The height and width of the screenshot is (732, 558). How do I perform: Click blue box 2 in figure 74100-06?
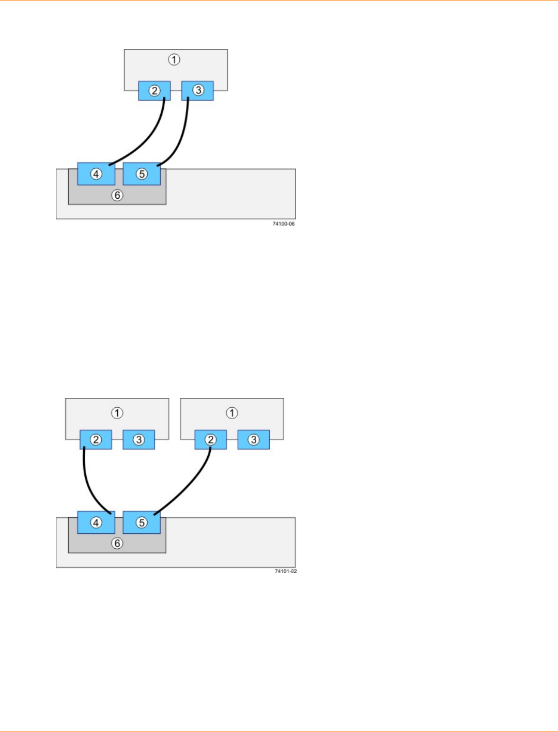(154, 91)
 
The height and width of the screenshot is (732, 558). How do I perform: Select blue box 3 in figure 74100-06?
(197, 90)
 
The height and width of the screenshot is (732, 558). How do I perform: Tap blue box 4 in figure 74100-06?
(96, 174)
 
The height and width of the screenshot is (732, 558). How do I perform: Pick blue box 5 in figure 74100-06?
(142, 174)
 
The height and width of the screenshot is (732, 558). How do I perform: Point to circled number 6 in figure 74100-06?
(117, 196)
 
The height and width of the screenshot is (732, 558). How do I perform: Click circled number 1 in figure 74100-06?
(174, 60)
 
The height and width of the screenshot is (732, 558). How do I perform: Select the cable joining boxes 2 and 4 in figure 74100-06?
(149, 139)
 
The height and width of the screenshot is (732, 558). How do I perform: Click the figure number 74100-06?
(284, 224)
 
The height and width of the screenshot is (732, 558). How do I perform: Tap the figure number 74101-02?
(286, 571)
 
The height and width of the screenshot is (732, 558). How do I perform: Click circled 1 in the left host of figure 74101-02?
(117, 413)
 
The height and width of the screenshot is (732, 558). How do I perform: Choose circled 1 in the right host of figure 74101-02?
(232, 413)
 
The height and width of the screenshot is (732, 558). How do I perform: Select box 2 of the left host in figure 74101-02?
(96, 440)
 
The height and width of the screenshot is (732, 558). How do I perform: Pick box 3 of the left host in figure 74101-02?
(138, 440)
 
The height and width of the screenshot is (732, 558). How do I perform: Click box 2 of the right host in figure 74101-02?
(210, 440)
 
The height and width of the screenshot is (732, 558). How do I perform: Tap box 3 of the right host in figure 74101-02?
(253, 440)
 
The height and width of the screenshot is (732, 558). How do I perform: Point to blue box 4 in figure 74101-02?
(96, 522)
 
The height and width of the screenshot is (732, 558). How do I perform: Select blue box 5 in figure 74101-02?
(142, 522)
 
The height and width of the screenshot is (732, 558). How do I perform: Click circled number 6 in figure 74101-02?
(117, 544)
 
